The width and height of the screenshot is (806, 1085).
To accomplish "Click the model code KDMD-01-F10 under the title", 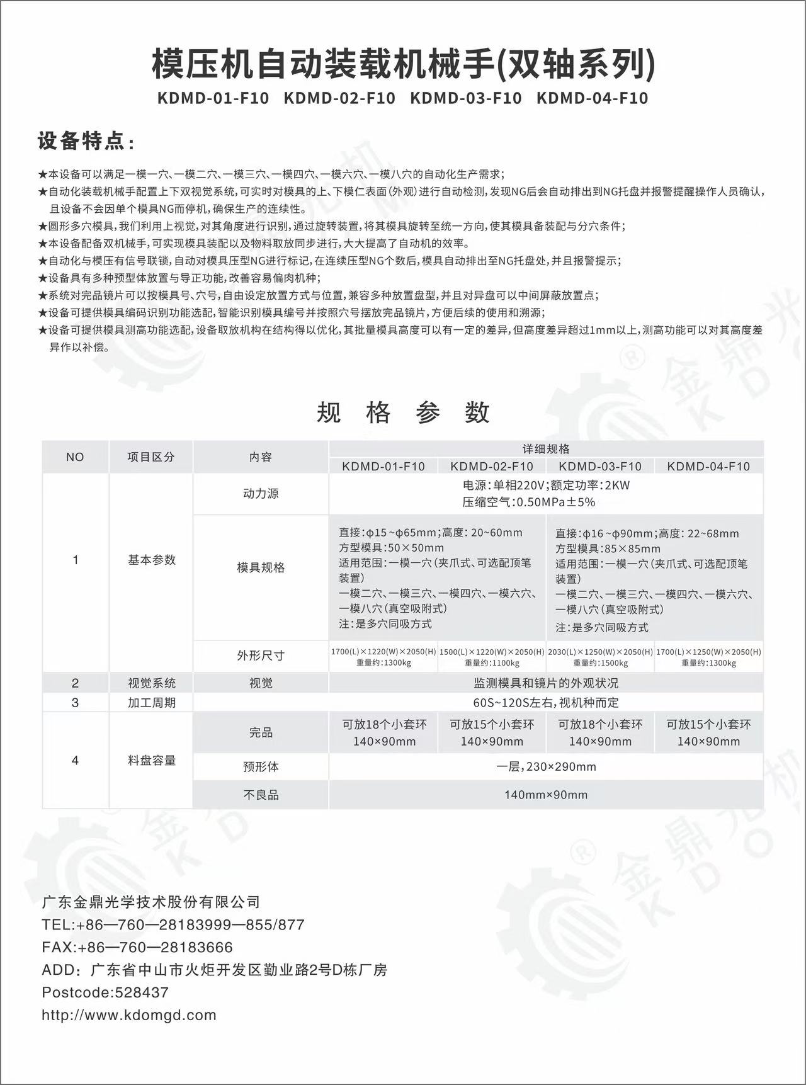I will coord(214,98).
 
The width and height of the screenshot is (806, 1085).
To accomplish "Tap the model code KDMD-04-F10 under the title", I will coord(593,98).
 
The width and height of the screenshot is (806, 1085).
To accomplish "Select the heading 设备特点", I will coord(86,142).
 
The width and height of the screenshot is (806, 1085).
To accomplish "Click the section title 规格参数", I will coord(403,412).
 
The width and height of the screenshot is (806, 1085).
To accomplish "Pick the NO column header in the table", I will coord(75,457).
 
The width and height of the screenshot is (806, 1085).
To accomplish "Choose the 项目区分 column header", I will coord(150,457).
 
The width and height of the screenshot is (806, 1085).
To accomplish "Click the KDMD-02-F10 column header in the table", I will coord(492,467).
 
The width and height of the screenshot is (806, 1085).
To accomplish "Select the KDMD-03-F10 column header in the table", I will coord(600,467).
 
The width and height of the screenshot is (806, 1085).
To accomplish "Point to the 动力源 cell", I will coord(261,494).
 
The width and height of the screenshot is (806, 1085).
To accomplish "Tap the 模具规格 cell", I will coord(261,567).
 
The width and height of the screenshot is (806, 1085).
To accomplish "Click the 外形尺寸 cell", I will coord(261,656).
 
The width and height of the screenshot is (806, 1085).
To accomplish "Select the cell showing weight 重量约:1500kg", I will coord(600,663).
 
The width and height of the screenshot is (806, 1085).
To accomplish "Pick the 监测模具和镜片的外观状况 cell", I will coord(546,683).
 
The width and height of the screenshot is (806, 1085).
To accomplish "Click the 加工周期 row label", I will coord(151,702).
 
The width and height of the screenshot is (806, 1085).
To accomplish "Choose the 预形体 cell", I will coord(261,767).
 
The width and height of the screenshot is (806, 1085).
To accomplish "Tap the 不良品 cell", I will coord(261,795).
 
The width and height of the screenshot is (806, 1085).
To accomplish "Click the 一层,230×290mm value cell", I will coord(546,767).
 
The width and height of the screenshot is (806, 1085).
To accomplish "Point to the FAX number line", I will coord(137,947).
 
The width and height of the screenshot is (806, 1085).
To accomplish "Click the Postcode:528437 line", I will coord(105,992).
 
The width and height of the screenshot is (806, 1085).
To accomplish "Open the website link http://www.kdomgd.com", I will coord(129,1015).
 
